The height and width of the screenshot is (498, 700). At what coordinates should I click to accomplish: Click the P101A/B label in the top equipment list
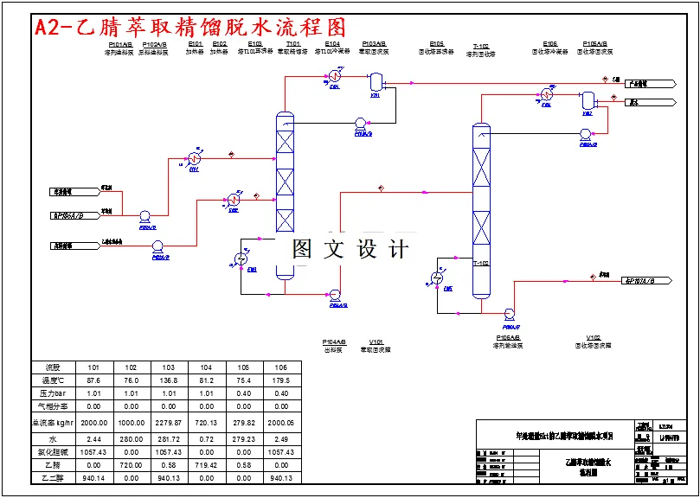tap(120, 43)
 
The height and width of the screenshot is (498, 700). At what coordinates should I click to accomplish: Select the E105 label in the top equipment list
tap(437, 43)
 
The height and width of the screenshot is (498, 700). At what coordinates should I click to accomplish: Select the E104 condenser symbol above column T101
tap(333, 77)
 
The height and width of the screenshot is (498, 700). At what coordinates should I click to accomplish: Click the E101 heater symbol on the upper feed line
tap(195, 159)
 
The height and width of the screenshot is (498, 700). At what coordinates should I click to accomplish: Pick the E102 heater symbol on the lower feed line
tap(234, 200)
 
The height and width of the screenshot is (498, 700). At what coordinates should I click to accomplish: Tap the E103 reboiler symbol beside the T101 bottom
tap(242, 259)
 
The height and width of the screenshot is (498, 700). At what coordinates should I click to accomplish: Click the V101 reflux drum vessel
tap(376, 83)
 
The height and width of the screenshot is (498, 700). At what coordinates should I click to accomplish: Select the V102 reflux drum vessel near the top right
tap(588, 99)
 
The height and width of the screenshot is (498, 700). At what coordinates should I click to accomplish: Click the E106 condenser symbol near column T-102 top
tap(547, 94)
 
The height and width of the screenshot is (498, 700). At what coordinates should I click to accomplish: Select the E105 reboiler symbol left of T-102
tap(436, 278)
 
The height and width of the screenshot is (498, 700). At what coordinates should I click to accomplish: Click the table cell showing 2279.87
tap(169, 422)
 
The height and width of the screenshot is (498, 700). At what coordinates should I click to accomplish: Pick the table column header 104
tap(207, 367)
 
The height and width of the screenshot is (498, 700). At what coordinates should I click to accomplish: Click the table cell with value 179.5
tap(281, 380)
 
